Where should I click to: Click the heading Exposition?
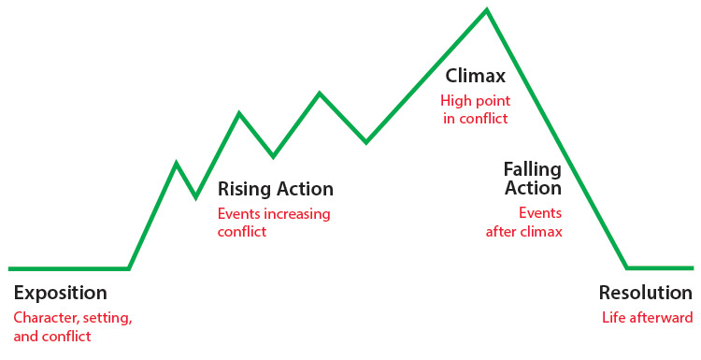(60, 293)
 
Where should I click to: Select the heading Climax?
(475, 75)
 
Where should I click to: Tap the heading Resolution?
(646, 293)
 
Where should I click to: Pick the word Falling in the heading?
(532, 169)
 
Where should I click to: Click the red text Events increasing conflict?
(274, 222)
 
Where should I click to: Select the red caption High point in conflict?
(475, 108)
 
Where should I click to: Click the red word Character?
(45, 317)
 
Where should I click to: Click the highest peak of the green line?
(486, 10)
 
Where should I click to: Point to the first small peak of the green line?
(177, 164)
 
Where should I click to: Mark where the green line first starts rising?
(129, 268)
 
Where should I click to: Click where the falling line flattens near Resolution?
(627, 267)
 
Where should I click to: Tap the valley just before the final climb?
(365, 142)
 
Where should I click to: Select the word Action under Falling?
(533, 188)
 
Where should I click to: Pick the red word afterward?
(662, 317)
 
